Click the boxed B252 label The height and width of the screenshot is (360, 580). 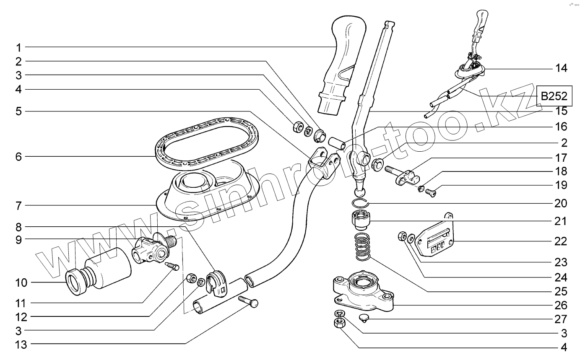(x=553, y=96)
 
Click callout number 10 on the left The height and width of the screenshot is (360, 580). (x=21, y=283)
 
